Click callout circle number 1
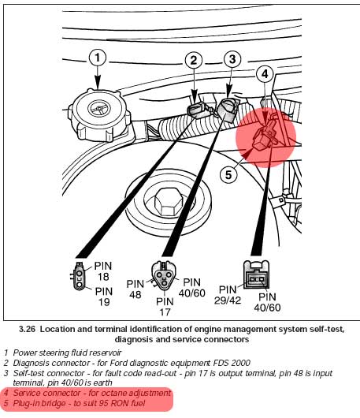98,58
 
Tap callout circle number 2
194,60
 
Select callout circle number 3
232,59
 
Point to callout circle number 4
265,74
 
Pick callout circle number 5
228,175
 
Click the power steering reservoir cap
99,115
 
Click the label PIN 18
103,271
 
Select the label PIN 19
104,297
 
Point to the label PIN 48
135,289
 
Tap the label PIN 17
165,307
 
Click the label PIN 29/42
228,295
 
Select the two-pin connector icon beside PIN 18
79,276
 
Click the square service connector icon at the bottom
256,274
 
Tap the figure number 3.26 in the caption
27,329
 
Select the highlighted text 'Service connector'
46,393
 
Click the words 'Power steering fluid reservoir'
67,353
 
